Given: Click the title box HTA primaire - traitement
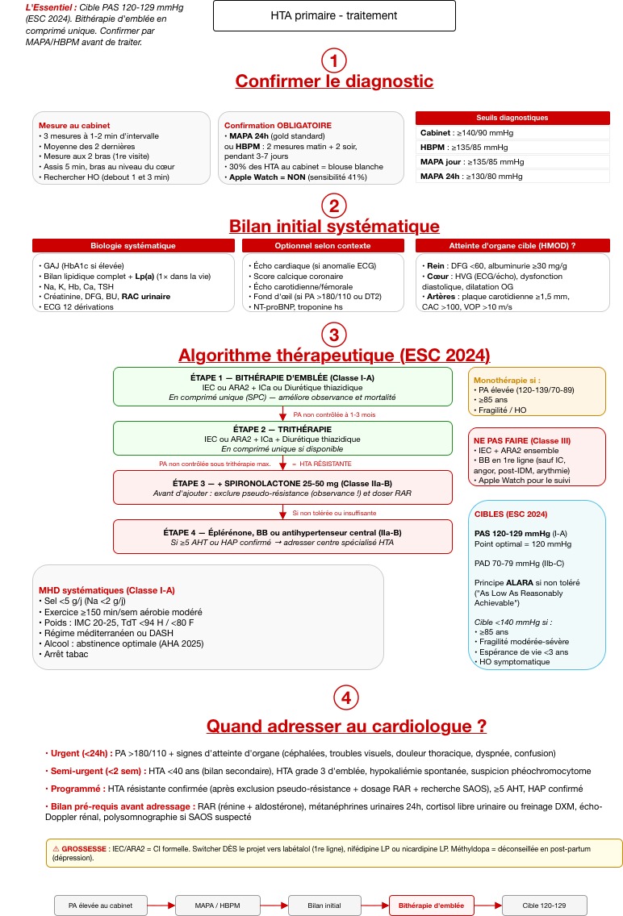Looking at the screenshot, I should point(333,16).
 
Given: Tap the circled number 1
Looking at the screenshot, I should point(333,60).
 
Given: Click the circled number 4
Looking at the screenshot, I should point(345,698).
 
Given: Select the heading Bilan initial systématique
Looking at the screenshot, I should point(334,226).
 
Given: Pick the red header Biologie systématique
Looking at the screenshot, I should point(132,245).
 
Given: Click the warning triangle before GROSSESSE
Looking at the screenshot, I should point(56,849).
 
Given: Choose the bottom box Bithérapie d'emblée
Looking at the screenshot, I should point(431,906).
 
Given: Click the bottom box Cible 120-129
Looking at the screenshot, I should point(545,906).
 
